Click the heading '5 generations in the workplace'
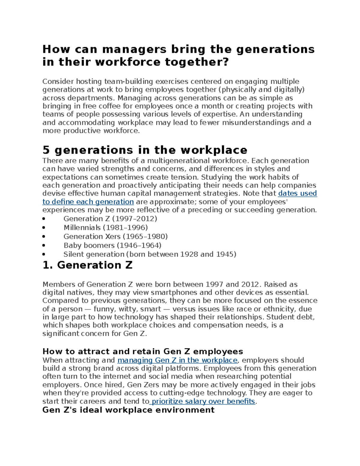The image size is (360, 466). coord(145,150)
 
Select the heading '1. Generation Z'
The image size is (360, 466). coord(87,265)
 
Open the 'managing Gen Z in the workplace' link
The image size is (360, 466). coord(177,360)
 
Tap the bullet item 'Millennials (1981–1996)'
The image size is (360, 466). coord(106,227)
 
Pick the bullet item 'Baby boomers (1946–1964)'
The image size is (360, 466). coord(112,245)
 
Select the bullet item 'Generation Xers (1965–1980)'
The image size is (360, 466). coord(115,236)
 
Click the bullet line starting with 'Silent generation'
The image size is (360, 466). coord(150,254)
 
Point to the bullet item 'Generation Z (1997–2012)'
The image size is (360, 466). coord(110,218)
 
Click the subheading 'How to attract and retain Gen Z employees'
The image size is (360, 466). coord(142,351)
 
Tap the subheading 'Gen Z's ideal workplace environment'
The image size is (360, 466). coord(128,410)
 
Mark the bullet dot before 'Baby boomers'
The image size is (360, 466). coord(44,245)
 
